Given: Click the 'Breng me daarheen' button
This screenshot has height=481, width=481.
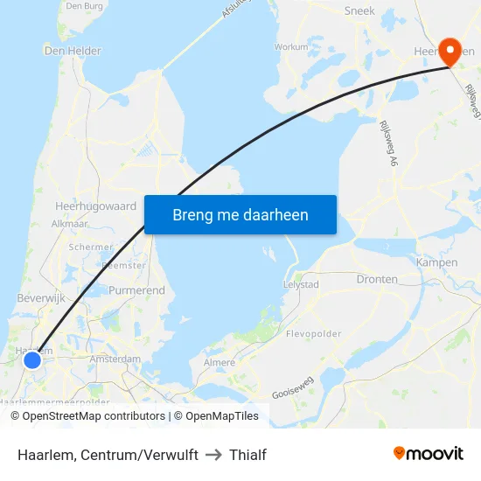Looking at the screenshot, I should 240,214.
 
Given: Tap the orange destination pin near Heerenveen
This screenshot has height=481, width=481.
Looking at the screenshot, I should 451,51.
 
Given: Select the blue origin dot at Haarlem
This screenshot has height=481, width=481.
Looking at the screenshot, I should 32,359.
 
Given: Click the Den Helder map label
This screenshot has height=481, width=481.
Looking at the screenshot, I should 73,51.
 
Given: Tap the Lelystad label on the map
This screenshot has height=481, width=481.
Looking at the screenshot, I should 301,284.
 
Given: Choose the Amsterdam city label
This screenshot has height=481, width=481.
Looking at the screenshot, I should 115,359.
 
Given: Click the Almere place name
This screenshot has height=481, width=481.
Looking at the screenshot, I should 219,362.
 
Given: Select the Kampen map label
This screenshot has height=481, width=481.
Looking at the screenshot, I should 436,262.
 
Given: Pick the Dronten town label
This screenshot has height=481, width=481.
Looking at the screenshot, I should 377,279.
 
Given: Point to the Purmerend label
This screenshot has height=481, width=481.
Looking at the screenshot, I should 136,289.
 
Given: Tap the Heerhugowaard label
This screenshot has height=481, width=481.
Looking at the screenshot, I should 95,206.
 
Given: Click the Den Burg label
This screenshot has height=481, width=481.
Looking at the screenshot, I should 84,5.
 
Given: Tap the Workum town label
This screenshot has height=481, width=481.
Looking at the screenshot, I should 291,47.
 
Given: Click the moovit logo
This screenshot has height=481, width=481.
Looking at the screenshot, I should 428,453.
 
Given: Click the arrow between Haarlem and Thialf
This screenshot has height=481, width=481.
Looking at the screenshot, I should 213,455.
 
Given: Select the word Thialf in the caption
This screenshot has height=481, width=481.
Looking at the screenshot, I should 247,455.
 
